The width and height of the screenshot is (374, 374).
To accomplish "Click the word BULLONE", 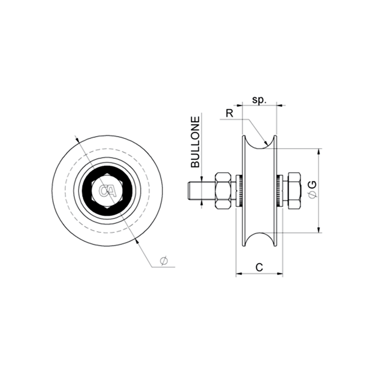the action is tap(195, 142).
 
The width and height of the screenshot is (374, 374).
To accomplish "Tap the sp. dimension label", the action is tap(259, 100).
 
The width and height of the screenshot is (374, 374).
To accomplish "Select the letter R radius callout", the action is tap(230, 114).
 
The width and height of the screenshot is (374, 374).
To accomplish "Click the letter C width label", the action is tap(259, 267).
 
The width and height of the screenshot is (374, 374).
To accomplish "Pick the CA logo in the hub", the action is tap(107, 191).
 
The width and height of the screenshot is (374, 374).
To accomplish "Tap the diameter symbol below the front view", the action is tap(164, 261).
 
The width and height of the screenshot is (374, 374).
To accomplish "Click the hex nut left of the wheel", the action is tap(223, 191).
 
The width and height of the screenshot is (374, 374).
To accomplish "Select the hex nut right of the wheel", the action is tap(294, 191).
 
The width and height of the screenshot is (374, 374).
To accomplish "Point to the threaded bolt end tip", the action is tap(188, 191).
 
